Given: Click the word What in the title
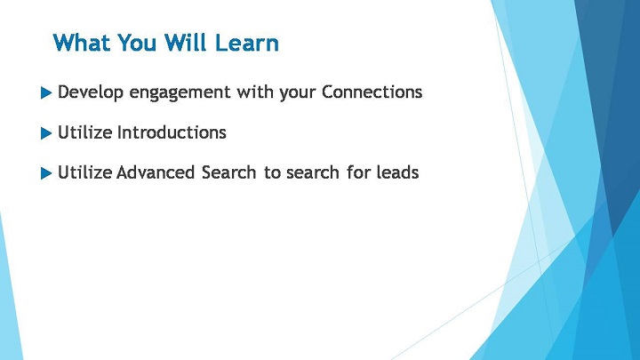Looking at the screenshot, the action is (x=82, y=43).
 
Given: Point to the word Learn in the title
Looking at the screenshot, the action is (x=246, y=43).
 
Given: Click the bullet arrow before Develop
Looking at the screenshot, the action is (x=46, y=92).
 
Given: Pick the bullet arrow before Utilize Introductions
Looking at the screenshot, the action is (x=46, y=133).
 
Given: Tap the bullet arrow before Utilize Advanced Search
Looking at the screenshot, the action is (x=46, y=173).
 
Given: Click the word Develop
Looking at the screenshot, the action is (x=91, y=92).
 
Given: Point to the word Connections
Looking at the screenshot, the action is (x=372, y=92).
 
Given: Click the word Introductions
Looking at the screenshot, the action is (x=172, y=132).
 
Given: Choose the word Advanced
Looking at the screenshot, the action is (x=156, y=172).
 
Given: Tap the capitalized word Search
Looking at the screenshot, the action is (x=228, y=172).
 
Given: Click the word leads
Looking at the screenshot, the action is (x=397, y=172).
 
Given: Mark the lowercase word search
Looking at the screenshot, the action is (x=313, y=172).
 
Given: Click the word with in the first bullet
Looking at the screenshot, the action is (x=255, y=92).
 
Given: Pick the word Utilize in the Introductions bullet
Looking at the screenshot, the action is (x=85, y=132).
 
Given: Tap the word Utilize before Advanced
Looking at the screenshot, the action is (x=85, y=172).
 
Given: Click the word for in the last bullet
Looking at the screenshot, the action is (x=358, y=172).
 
